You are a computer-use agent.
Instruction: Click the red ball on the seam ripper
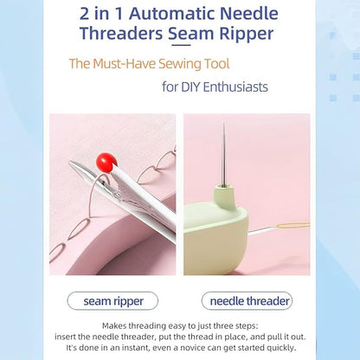(x=106, y=160)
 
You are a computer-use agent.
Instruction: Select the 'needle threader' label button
(x=246, y=301)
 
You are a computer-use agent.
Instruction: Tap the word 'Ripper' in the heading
(x=247, y=35)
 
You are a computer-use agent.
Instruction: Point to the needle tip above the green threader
(x=224, y=130)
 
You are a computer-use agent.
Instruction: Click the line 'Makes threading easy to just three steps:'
(x=179, y=324)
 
